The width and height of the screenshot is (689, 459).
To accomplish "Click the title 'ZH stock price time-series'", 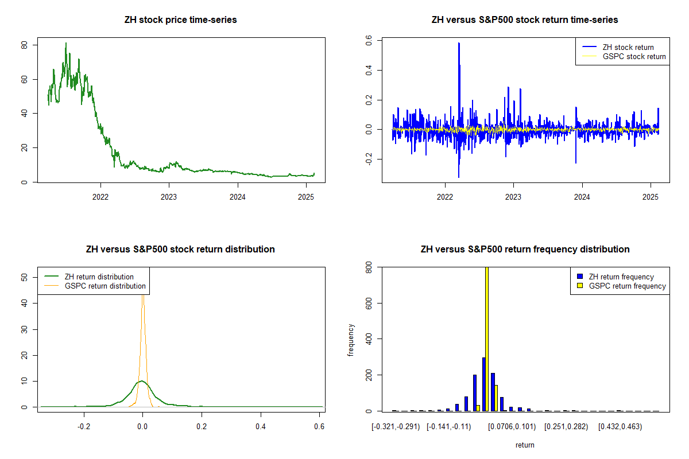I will pyautogui.click(x=180, y=20).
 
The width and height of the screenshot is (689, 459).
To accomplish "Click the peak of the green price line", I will pyautogui.click(x=65, y=43).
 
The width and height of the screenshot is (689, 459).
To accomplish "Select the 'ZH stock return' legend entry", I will pyautogui.click(x=628, y=47).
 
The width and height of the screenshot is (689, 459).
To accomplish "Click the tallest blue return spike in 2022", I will pyautogui.click(x=459, y=44).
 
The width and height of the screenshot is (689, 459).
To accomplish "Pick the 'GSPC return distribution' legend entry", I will pyautogui.click(x=105, y=286).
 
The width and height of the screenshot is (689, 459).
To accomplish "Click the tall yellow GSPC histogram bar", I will pyautogui.click(x=487, y=339).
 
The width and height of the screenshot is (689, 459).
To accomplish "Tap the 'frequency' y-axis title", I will pyautogui.click(x=351, y=340).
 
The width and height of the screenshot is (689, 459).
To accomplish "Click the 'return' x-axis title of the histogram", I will pyautogui.click(x=525, y=445).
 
